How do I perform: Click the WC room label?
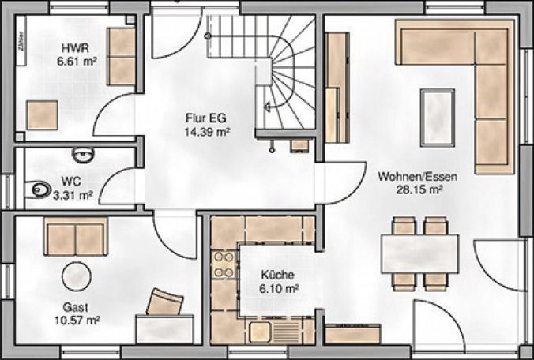tap(71, 180)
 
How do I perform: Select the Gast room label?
tap(77, 307)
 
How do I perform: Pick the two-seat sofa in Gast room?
tap(75, 238)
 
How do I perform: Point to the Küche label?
tap(279, 276)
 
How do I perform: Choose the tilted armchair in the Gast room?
tap(167, 303)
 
